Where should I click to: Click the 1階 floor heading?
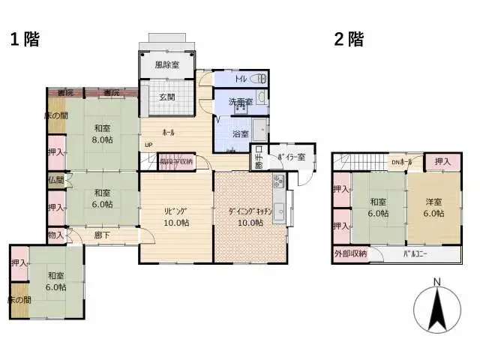pos(24,39)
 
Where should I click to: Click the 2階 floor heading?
pos(349,39)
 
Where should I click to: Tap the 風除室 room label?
pos(166,65)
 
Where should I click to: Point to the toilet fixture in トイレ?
pos(257,78)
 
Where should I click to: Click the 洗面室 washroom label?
pos(240,102)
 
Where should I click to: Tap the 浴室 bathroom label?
pos(241,134)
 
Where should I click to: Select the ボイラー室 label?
pos(291,157)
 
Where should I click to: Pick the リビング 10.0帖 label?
pos(176,216)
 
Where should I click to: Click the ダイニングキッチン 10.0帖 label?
pos(250,216)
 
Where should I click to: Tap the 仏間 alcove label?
pos(55,181)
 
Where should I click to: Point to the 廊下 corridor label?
pos(102,235)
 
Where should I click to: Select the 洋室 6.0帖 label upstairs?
pos(432,207)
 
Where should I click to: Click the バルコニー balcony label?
pos(415,254)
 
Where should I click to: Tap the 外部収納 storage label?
pos(350,254)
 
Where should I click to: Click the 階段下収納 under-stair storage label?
pos(175,162)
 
